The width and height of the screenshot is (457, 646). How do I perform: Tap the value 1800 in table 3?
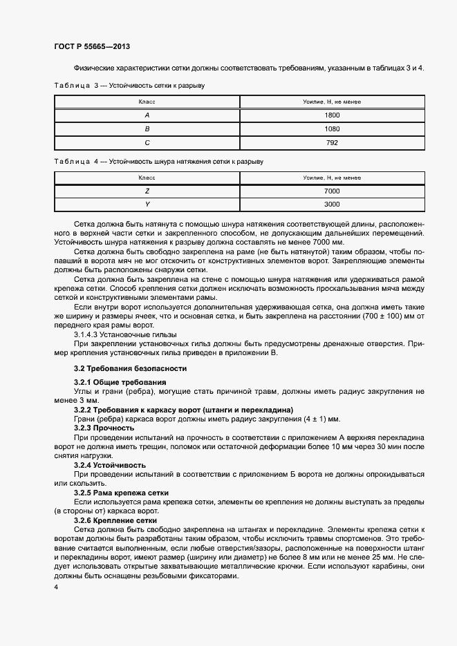click(332, 115)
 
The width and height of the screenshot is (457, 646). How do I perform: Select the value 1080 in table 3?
click(332, 129)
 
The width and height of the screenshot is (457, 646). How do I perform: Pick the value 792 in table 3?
click(332, 142)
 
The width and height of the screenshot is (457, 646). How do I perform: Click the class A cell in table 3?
click(147, 115)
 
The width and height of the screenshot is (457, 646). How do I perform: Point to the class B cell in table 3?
click(147, 129)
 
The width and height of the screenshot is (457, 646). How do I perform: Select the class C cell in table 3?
click(147, 142)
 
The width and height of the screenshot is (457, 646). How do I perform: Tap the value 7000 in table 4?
click(332, 191)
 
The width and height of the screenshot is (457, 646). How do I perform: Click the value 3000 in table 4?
click(332, 205)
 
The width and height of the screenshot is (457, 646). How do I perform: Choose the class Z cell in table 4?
click(147, 191)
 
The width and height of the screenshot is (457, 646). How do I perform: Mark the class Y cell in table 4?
click(147, 205)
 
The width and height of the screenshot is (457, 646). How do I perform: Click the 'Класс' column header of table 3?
click(147, 102)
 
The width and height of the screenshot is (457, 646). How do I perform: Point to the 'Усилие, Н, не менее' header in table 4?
click(332, 178)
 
